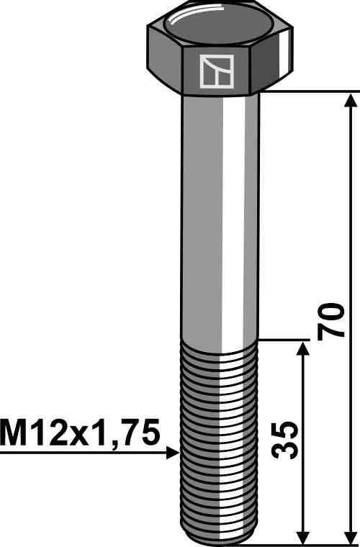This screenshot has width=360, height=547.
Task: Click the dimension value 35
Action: tap(285, 440)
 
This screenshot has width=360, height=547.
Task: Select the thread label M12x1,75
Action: tap(80, 433)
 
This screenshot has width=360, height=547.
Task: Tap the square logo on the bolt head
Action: tap(216, 71)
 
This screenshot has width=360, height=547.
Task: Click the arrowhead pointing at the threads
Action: tap(173, 453)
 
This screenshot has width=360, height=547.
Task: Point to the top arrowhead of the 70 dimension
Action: tap(351, 99)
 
